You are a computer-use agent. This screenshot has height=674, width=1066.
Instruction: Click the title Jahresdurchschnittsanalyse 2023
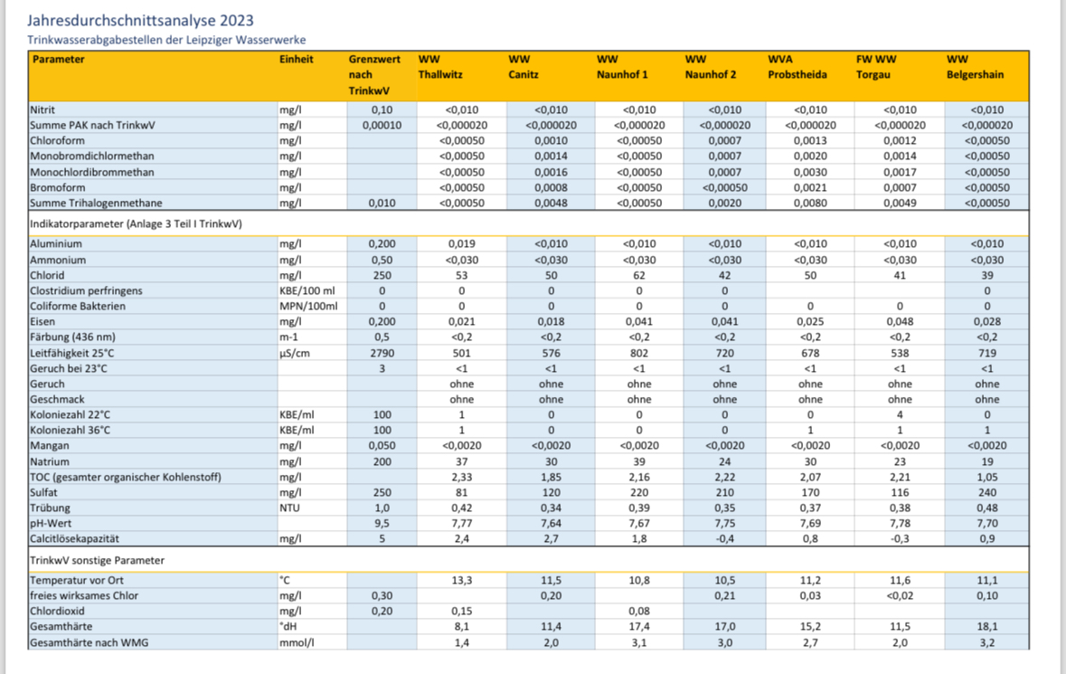[141, 21]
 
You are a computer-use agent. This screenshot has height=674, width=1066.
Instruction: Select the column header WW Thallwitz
[439, 67]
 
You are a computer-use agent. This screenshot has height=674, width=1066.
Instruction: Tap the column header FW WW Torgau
[876, 67]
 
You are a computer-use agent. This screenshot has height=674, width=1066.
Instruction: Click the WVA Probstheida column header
[797, 67]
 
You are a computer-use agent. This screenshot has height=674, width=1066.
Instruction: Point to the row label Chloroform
[57, 141]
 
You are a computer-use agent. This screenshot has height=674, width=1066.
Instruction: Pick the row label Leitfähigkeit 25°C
[72, 353]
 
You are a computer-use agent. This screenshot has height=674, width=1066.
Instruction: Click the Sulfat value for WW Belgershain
[987, 492]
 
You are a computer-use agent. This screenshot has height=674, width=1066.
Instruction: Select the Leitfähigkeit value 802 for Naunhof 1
[639, 353]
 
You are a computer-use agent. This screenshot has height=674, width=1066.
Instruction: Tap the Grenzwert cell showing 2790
[382, 353]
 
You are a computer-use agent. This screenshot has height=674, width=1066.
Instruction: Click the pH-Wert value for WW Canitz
[552, 523]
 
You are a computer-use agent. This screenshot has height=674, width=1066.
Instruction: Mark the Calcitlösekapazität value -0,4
[725, 538]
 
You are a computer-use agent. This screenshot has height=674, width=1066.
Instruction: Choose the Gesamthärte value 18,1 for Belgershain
[987, 626]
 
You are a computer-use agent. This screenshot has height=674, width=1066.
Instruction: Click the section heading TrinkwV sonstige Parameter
[98, 560]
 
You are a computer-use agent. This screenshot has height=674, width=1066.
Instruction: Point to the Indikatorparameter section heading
[136, 223]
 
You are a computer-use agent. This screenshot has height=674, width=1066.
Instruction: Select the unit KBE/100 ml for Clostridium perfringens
[307, 290]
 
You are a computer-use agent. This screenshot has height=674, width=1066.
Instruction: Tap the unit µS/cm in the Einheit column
[295, 353]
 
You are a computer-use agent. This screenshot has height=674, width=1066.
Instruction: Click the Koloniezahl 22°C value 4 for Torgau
[901, 414]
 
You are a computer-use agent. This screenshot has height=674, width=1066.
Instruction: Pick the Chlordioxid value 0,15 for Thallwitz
[462, 611]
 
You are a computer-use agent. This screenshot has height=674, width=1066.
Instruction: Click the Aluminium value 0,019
[462, 243]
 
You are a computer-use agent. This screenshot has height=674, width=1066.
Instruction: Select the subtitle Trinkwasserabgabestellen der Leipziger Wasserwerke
[166, 40]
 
